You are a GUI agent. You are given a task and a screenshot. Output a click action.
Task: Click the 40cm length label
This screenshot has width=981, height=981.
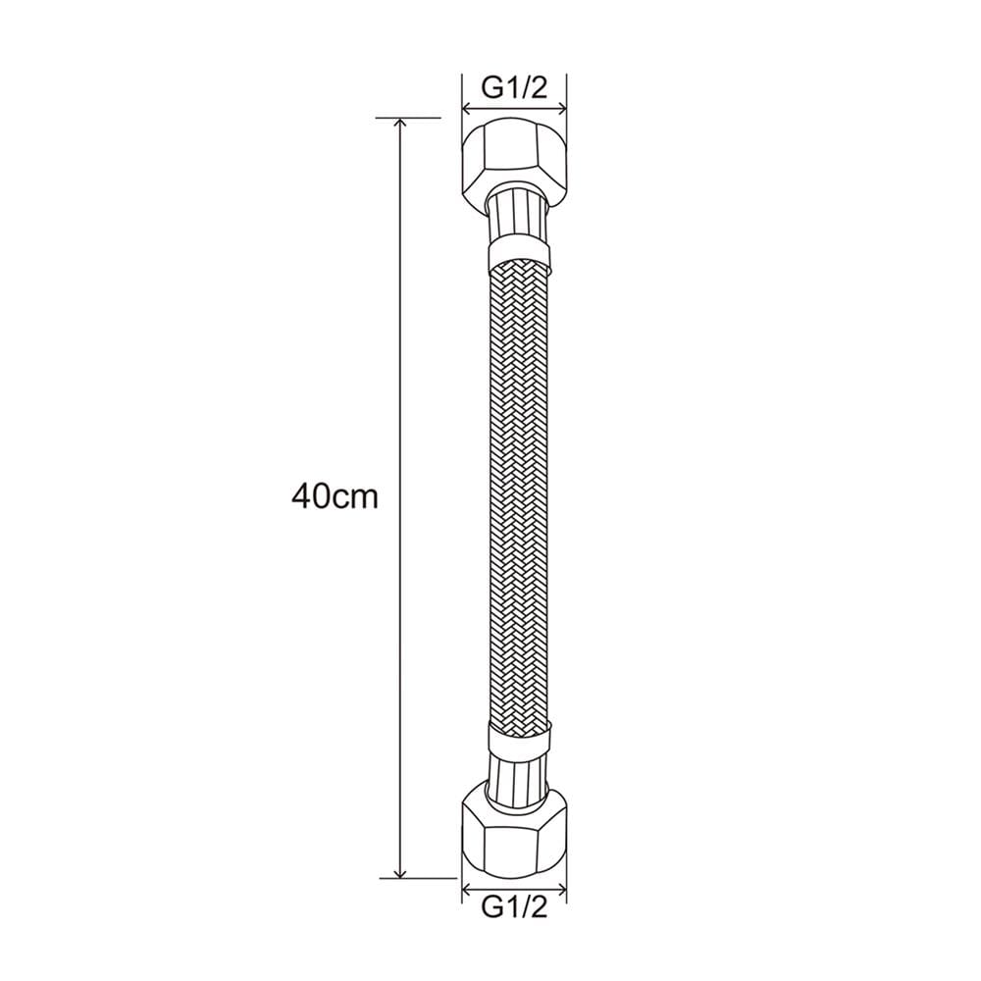click(x=335, y=496)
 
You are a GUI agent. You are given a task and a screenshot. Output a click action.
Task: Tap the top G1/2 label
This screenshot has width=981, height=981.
click(x=514, y=88)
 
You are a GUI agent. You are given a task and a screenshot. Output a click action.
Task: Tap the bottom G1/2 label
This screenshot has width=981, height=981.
click(x=514, y=906)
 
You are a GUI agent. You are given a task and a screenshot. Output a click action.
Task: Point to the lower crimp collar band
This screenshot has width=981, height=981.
click(x=519, y=740)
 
